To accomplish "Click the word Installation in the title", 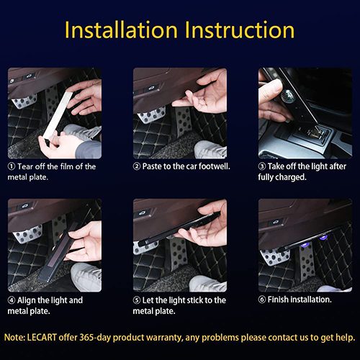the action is coord(121,30).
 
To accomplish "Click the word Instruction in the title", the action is coord(240,30).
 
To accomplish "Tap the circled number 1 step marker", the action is coord(12,166).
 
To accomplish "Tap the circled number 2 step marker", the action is coord(137,166).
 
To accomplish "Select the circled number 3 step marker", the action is coord(262,166).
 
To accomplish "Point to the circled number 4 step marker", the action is coord(12,300).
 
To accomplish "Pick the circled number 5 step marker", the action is coord(137,300).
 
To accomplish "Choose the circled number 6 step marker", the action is coord(262,300).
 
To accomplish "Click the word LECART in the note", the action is coord(42,338).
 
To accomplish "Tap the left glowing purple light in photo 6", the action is coord(306,245).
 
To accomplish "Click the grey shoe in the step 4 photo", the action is coord(86,276).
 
